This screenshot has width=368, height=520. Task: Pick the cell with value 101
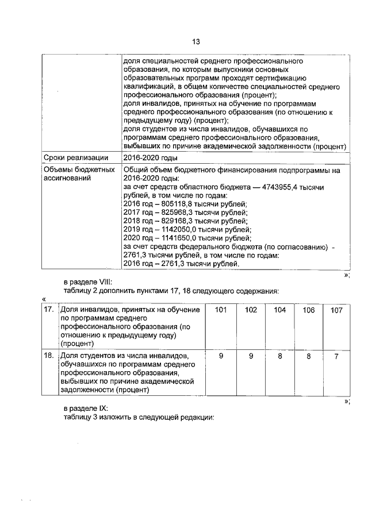(x=221, y=310)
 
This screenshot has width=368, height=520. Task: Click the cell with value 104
(x=279, y=310)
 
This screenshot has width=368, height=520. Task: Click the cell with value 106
(x=308, y=310)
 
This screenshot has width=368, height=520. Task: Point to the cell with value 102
(x=251, y=310)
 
